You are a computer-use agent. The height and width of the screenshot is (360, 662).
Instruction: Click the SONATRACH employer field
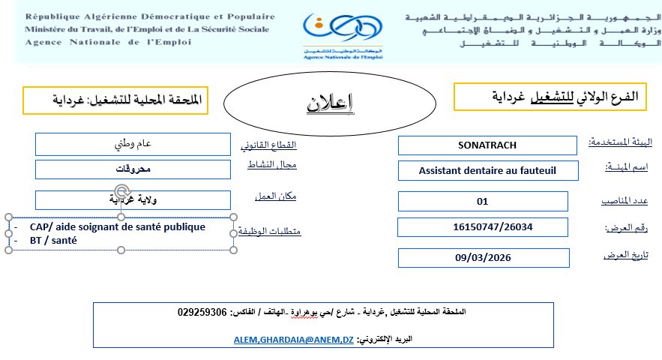click(x=487, y=145)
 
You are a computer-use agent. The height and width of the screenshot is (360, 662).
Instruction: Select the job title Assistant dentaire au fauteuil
click(x=487, y=170)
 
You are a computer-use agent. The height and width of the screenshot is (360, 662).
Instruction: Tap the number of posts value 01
click(x=482, y=201)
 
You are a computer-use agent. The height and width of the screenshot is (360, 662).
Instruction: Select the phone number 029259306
click(x=202, y=311)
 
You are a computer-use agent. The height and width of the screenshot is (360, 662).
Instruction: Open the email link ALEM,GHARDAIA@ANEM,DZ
click(x=293, y=339)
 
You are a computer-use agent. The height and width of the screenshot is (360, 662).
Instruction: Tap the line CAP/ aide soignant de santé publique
click(x=118, y=226)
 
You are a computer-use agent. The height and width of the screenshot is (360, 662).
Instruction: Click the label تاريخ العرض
click(x=625, y=256)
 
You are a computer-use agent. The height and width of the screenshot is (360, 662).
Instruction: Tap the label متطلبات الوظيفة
click(x=274, y=231)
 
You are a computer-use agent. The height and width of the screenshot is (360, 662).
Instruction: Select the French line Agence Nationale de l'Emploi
click(x=108, y=42)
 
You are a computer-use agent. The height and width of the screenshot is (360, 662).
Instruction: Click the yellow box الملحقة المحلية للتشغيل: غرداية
click(x=114, y=100)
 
